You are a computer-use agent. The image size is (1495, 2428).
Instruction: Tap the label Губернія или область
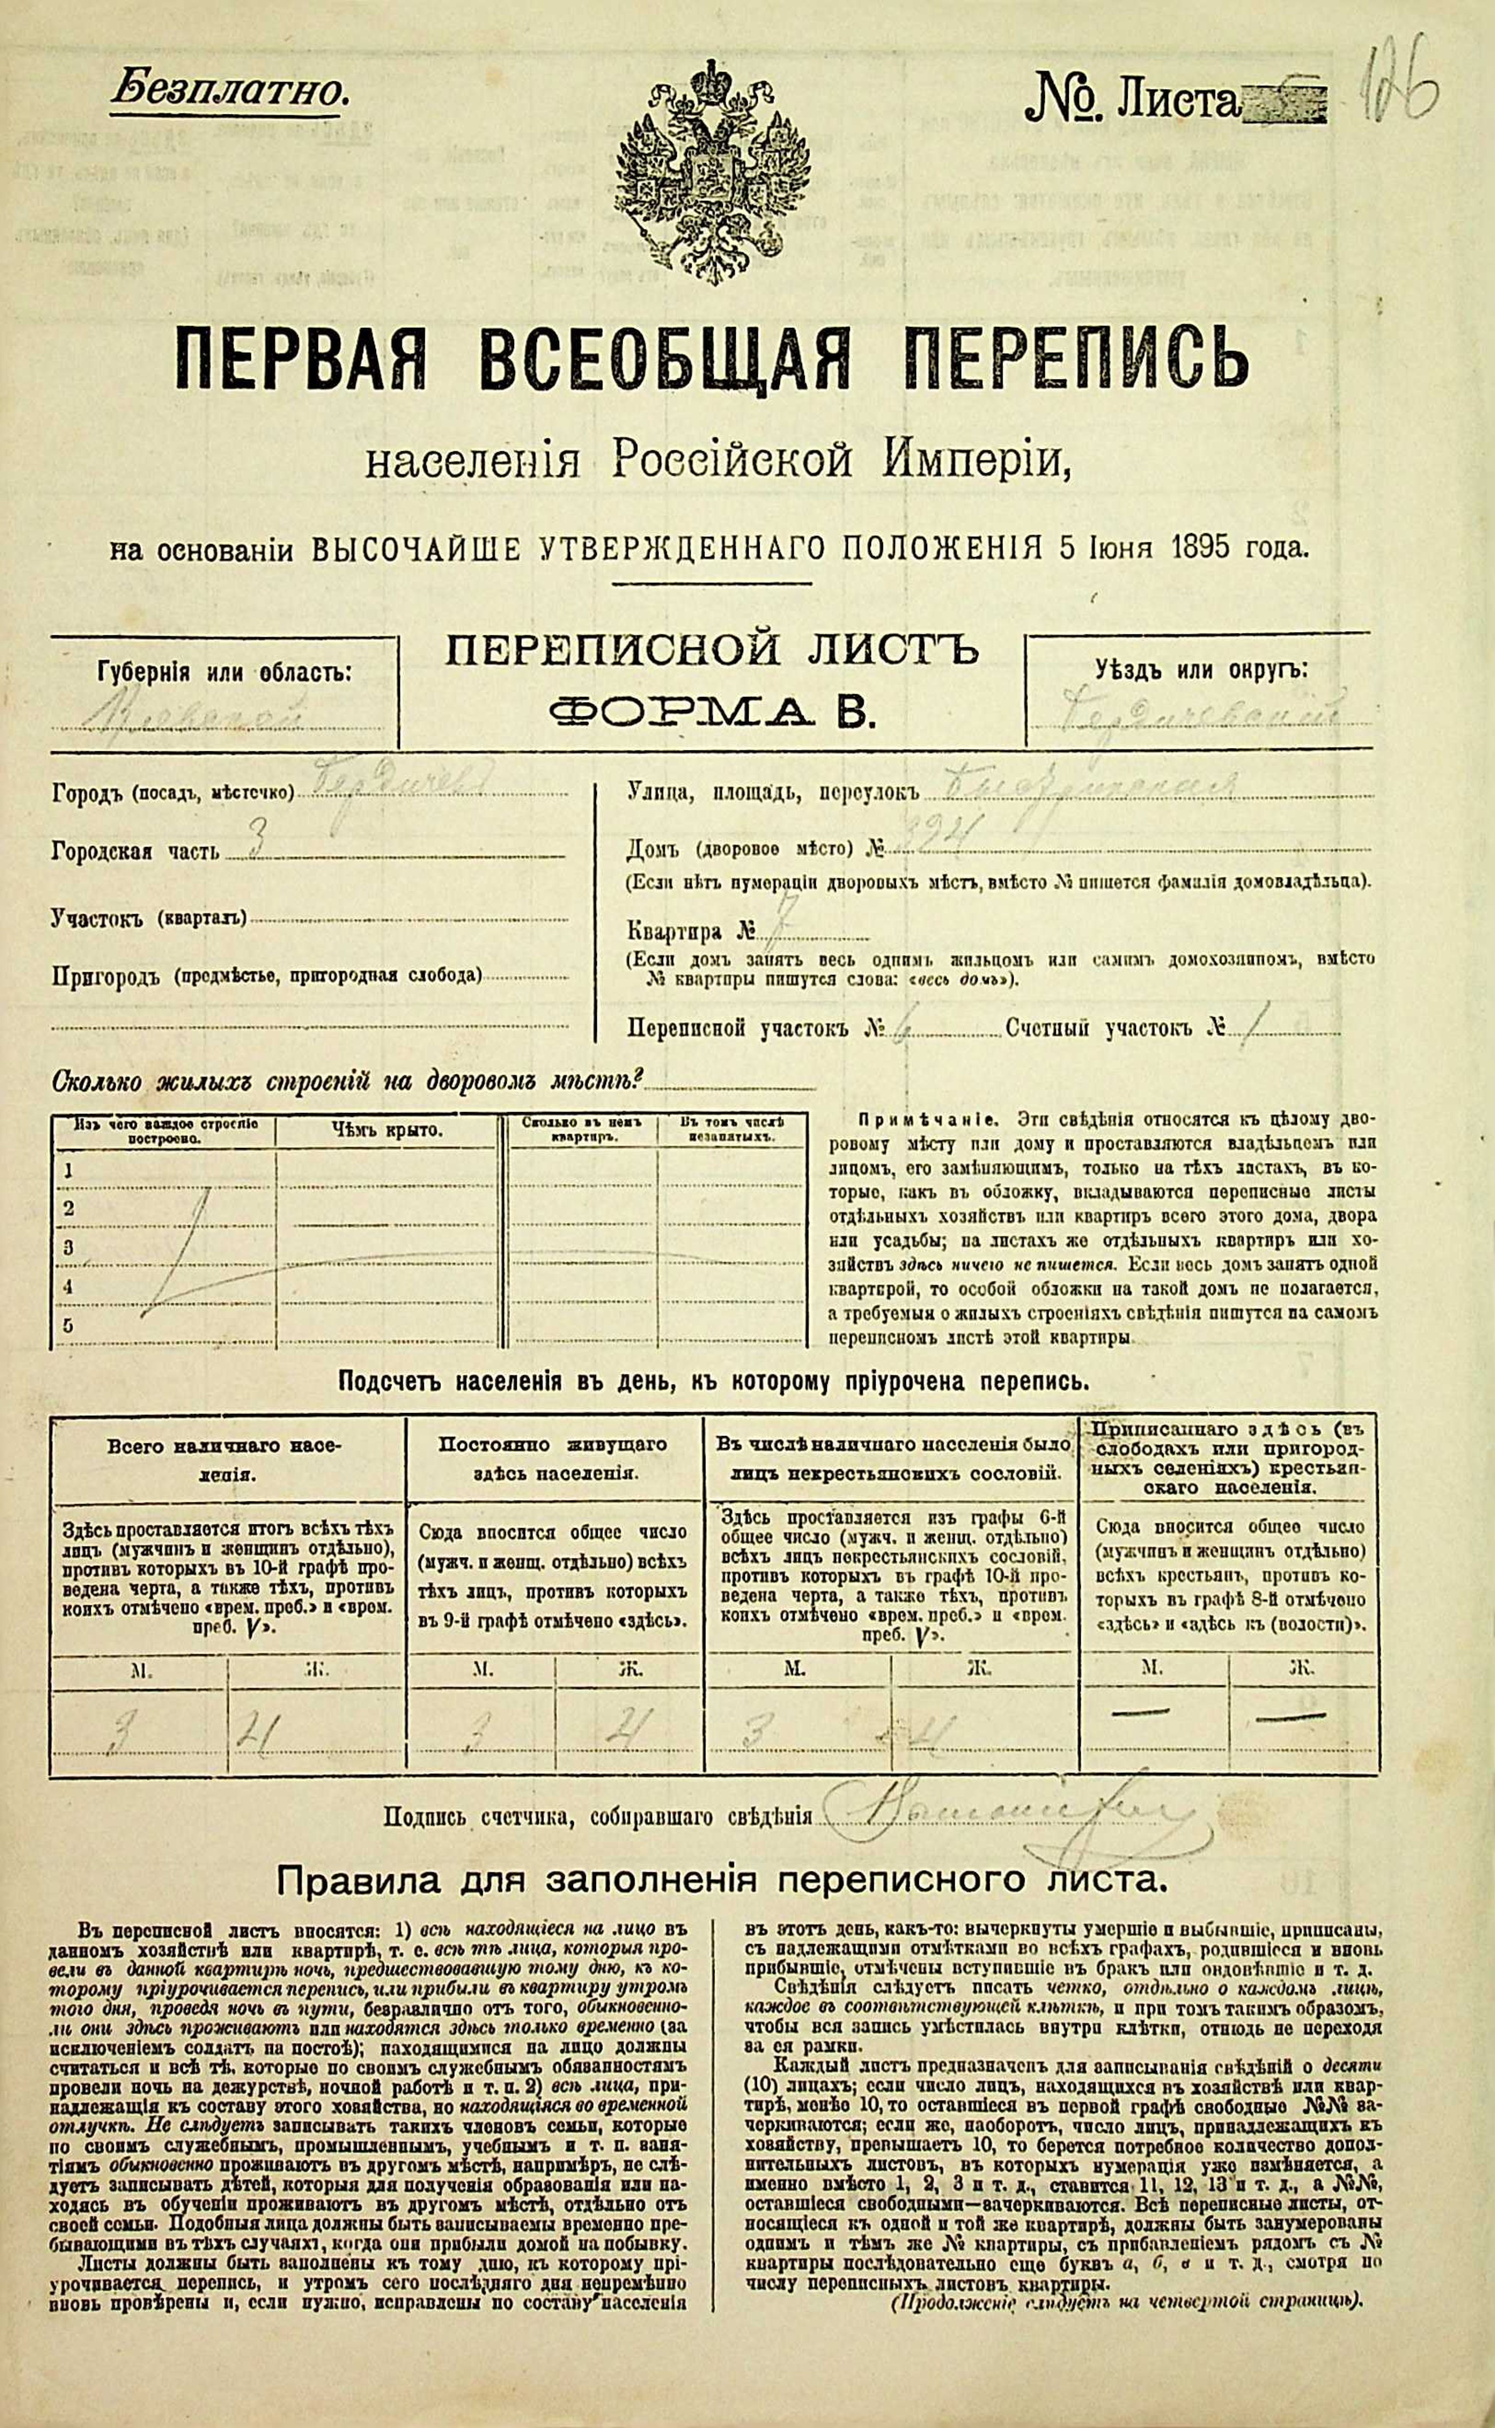(225, 673)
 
